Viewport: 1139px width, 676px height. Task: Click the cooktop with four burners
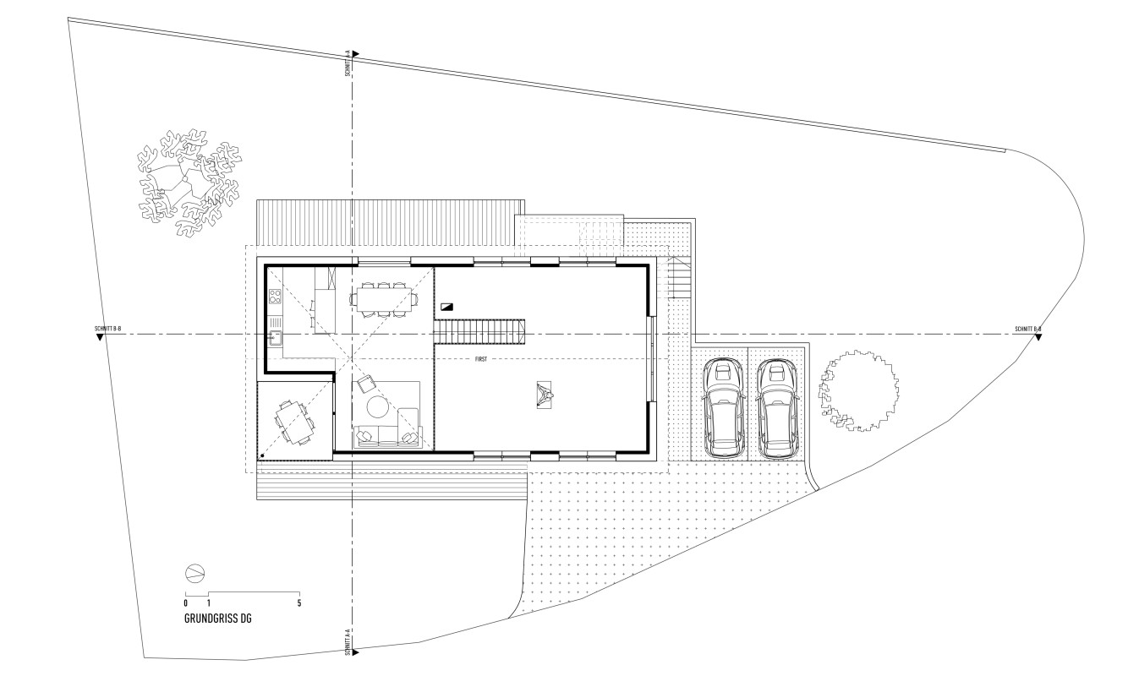[x=275, y=296]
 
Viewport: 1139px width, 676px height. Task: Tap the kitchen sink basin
[x=276, y=337]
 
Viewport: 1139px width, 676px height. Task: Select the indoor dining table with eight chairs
[x=385, y=299]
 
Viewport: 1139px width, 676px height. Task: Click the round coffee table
[x=378, y=406]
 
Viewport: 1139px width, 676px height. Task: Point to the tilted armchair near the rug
[x=366, y=384]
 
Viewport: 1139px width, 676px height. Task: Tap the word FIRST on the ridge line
[x=480, y=359]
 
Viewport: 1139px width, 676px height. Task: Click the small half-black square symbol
[x=447, y=307]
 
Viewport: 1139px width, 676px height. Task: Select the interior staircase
[x=479, y=332]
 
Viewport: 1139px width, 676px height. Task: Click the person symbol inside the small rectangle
[x=544, y=395]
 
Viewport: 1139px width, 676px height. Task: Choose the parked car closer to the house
[x=723, y=407]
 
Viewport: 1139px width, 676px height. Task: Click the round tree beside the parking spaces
[x=858, y=390]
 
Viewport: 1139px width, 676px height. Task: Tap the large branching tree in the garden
[x=189, y=182]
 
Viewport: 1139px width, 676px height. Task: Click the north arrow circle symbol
[x=195, y=574]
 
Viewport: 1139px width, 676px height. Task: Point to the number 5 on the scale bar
[x=299, y=603]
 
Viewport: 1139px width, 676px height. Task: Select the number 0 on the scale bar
[x=185, y=603]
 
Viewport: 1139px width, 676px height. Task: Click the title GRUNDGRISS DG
[x=217, y=619]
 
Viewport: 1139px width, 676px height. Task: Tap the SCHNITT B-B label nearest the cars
[x=1028, y=329]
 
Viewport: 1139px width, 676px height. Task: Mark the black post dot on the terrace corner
[x=262, y=455]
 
